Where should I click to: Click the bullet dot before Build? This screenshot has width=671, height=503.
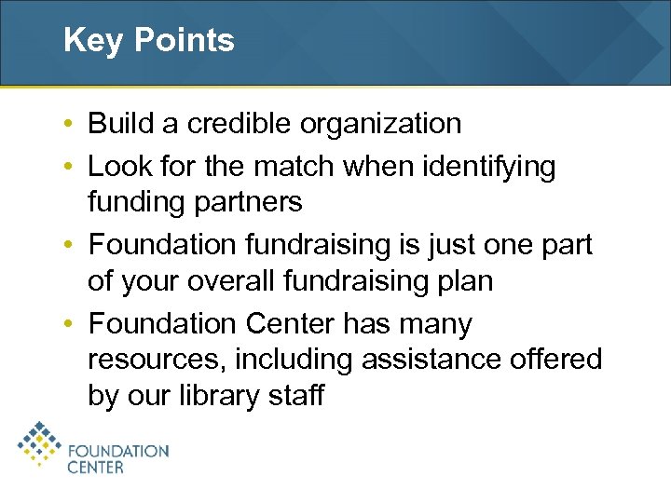(x=71, y=124)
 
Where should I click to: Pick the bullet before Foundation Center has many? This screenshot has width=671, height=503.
(x=71, y=325)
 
